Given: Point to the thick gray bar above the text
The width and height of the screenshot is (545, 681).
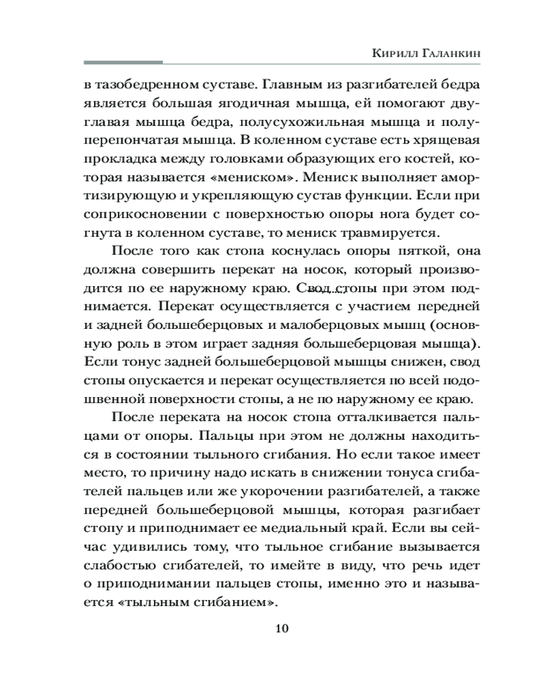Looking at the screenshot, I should (123, 63).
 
